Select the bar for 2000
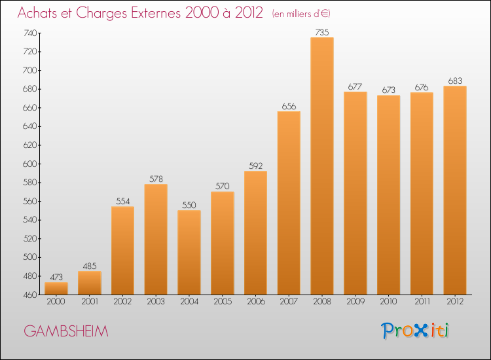56,288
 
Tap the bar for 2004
189,252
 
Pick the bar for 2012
455,190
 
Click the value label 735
322,32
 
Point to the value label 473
56,277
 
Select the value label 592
255,166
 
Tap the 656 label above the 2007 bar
289,106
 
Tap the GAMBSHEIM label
66,331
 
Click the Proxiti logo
416,331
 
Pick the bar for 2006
255,232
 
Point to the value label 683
455,81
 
